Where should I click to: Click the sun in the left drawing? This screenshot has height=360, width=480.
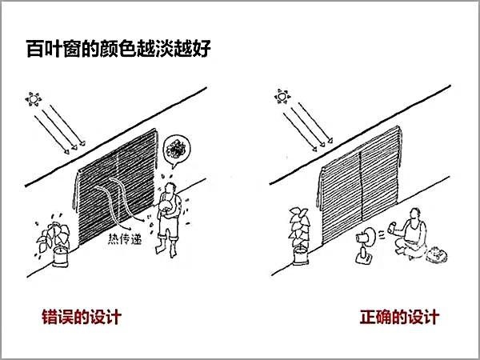click(34, 99)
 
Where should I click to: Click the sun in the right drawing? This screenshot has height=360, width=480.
click(282, 97)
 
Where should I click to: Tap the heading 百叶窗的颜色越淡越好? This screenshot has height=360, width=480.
click(118, 48)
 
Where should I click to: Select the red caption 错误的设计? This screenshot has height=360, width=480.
click(82, 317)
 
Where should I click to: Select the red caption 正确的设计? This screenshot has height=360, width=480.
click(399, 317)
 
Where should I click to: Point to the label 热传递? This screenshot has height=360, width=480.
click(125, 238)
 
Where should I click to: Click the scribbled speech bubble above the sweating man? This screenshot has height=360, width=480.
click(177, 150)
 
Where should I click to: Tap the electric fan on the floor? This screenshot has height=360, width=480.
click(366, 245)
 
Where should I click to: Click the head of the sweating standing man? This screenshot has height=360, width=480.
click(170, 189)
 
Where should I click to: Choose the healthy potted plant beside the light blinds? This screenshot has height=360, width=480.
click(300, 236)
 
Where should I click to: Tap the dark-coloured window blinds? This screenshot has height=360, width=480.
click(117, 186)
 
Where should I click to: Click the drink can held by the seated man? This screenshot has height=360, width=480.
click(391, 228)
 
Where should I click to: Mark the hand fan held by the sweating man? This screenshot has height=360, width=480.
click(167, 206)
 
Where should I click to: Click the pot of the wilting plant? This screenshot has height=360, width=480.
click(60, 257)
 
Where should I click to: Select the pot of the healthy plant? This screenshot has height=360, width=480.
click(300, 256)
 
